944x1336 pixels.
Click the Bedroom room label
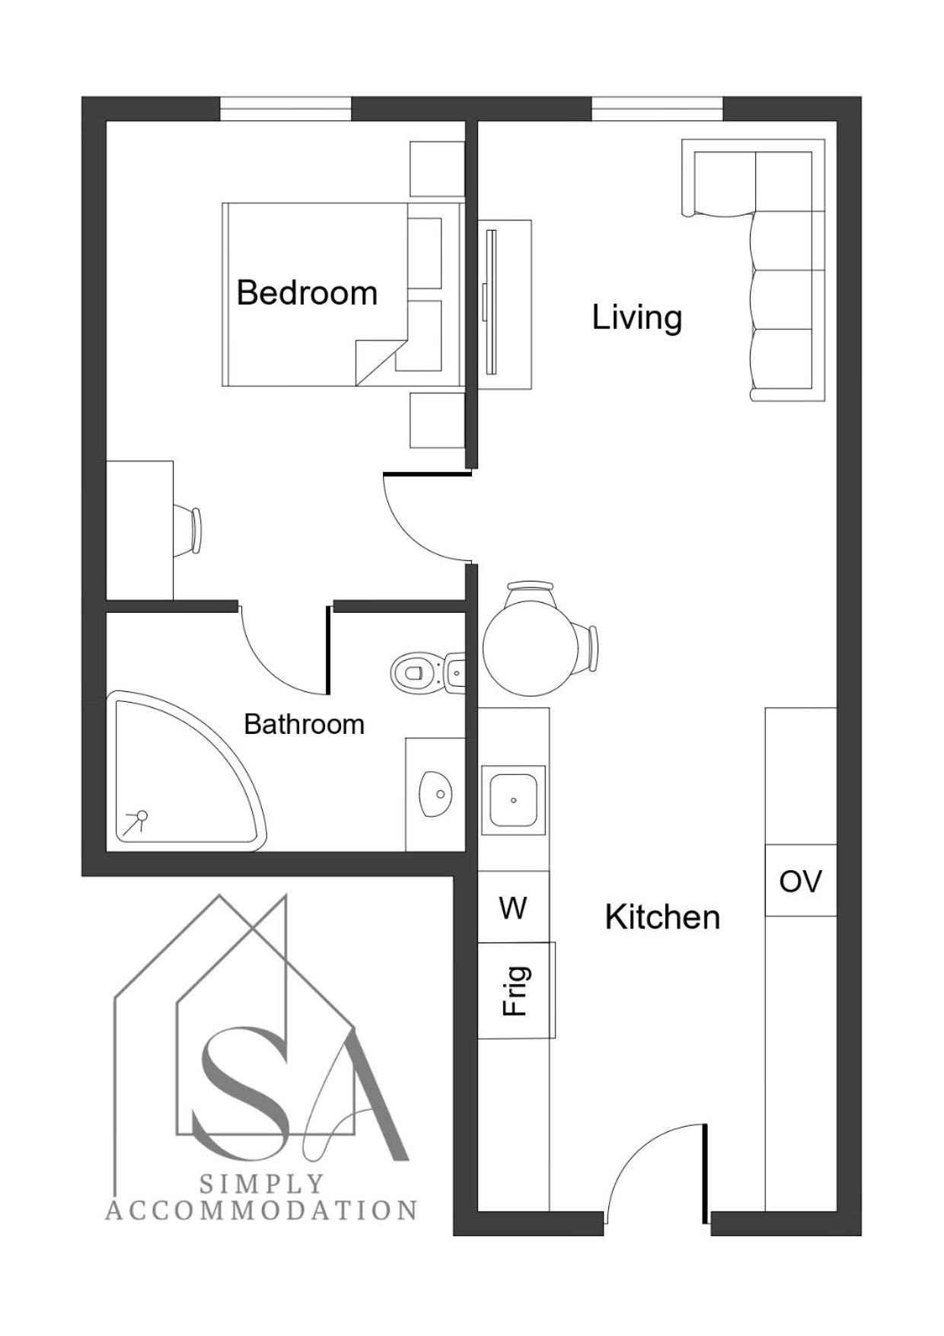click(x=307, y=293)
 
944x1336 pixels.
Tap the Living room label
click(x=637, y=317)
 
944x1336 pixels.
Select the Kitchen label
click(x=662, y=917)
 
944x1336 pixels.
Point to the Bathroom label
click(x=304, y=724)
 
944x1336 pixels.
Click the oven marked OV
click(x=801, y=881)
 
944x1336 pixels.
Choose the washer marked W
click(x=513, y=907)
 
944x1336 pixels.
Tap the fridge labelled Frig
click(x=516, y=990)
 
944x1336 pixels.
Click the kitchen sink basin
click(x=513, y=800)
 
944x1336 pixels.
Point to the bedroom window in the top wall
click(x=285, y=108)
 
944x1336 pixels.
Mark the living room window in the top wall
click(x=657, y=108)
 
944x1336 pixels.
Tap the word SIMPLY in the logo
click(x=262, y=1184)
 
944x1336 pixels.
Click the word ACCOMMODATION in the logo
click(x=261, y=1210)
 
